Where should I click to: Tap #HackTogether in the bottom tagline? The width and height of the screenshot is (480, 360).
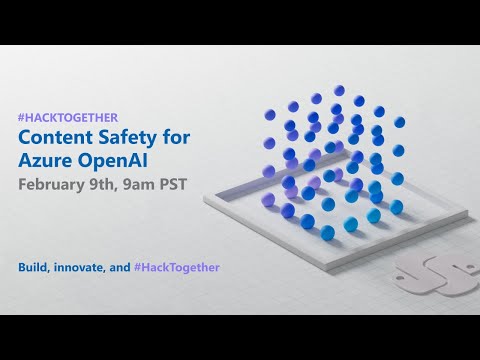[179, 267]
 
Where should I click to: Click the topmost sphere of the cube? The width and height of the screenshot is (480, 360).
[339, 91]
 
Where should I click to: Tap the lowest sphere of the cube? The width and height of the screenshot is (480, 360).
[328, 233]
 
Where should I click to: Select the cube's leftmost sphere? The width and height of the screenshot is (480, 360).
[269, 171]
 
